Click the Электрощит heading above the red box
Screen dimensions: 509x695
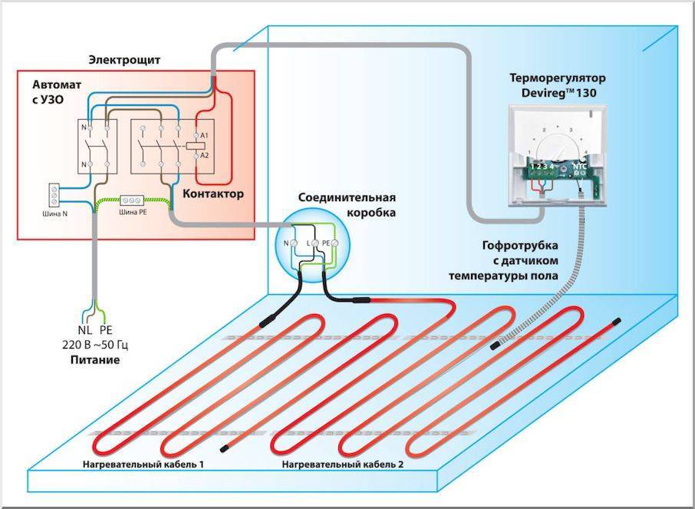[130, 59]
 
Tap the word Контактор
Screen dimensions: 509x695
[213, 194]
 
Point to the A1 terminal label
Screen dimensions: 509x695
[205, 135]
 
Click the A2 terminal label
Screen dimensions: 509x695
[205, 157]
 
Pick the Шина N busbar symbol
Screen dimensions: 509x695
[55, 192]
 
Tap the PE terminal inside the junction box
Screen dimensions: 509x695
[325, 243]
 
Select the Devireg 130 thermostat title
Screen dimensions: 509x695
[558, 85]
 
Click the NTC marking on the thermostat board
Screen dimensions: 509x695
[581, 165]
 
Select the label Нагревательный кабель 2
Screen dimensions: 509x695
[342, 465]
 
